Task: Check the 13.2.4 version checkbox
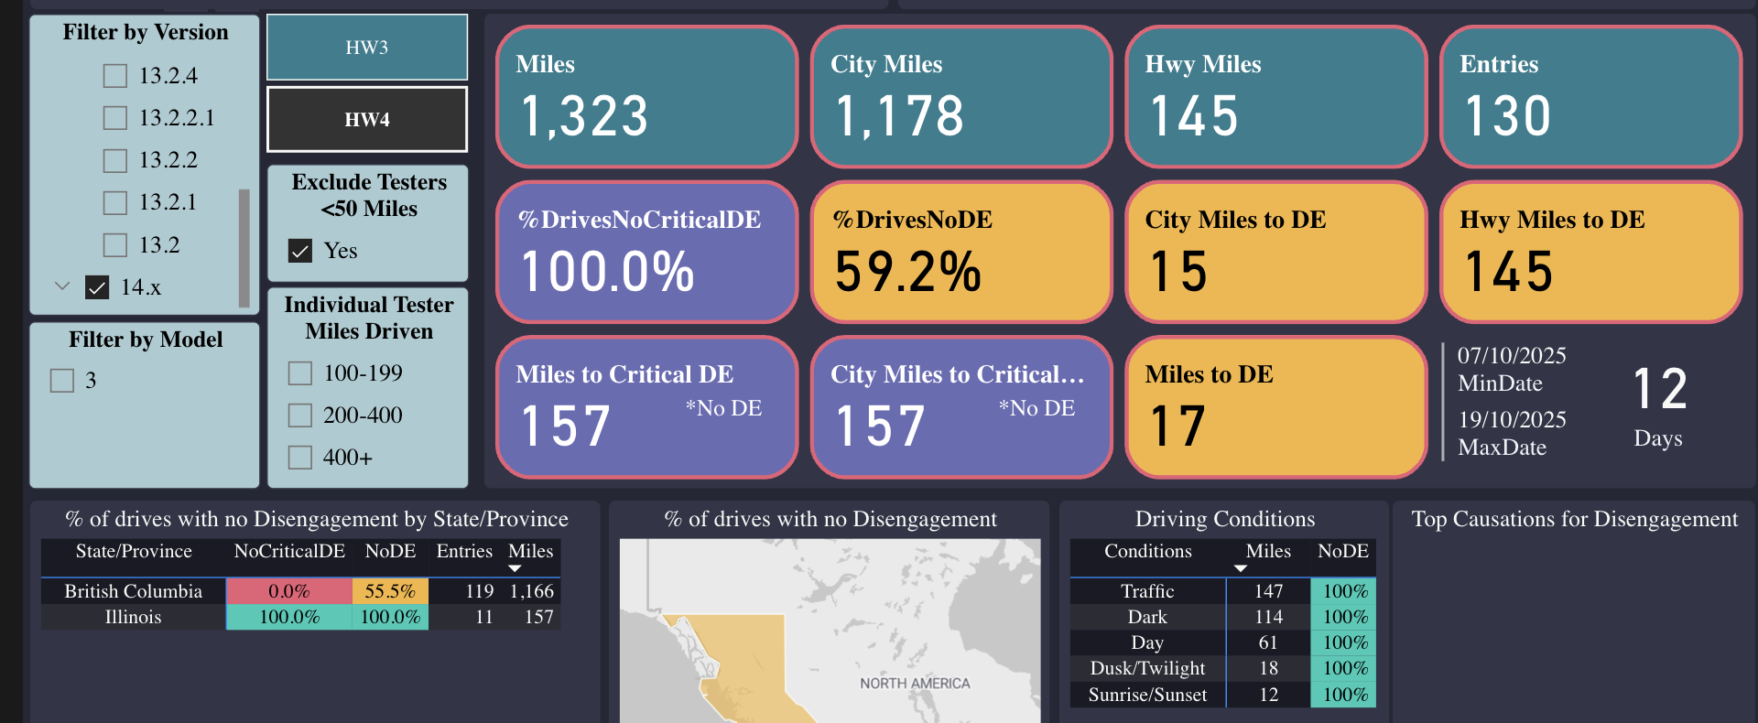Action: [x=115, y=76]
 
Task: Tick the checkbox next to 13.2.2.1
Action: [x=115, y=118]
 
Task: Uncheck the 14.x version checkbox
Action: [x=97, y=287]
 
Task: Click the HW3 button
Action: [x=367, y=48]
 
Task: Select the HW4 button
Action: [x=367, y=119]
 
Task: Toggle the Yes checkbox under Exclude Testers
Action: [x=300, y=251]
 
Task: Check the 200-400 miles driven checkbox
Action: [x=300, y=415]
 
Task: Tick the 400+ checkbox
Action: [x=300, y=458]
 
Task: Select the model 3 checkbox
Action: [x=62, y=381]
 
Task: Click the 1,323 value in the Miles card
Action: [x=584, y=116]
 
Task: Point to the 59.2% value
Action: [x=907, y=272]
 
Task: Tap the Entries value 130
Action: [x=1507, y=116]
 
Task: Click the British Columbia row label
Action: [x=134, y=591]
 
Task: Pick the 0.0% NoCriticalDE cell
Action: [x=288, y=591]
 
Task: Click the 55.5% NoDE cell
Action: [x=390, y=591]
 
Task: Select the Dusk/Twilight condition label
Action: [x=1147, y=668]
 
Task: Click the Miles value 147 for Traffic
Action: [x=1268, y=591]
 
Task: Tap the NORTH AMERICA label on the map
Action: [x=914, y=684]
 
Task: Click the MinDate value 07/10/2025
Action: [x=1512, y=355]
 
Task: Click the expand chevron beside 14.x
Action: [x=62, y=286]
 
